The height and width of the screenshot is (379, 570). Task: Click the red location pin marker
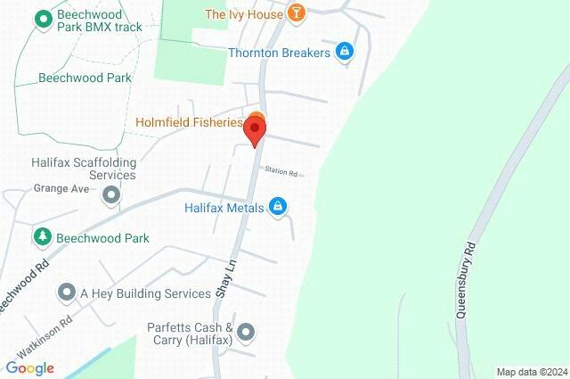[x=256, y=132]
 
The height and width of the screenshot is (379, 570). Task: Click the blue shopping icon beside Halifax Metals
[x=279, y=207]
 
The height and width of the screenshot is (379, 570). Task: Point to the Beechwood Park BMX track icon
[x=43, y=18]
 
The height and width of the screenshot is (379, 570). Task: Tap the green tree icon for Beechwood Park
[x=42, y=237]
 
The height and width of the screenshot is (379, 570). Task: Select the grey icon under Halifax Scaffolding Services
[x=110, y=194]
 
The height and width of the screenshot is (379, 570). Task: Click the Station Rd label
[x=279, y=170]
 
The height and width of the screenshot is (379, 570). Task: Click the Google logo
[x=29, y=368]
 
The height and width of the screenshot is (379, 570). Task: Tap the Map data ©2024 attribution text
[x=531, y=372]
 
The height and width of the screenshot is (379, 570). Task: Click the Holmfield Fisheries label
[x=189, y=122]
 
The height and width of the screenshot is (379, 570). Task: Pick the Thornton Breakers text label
[x=279, y=53]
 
